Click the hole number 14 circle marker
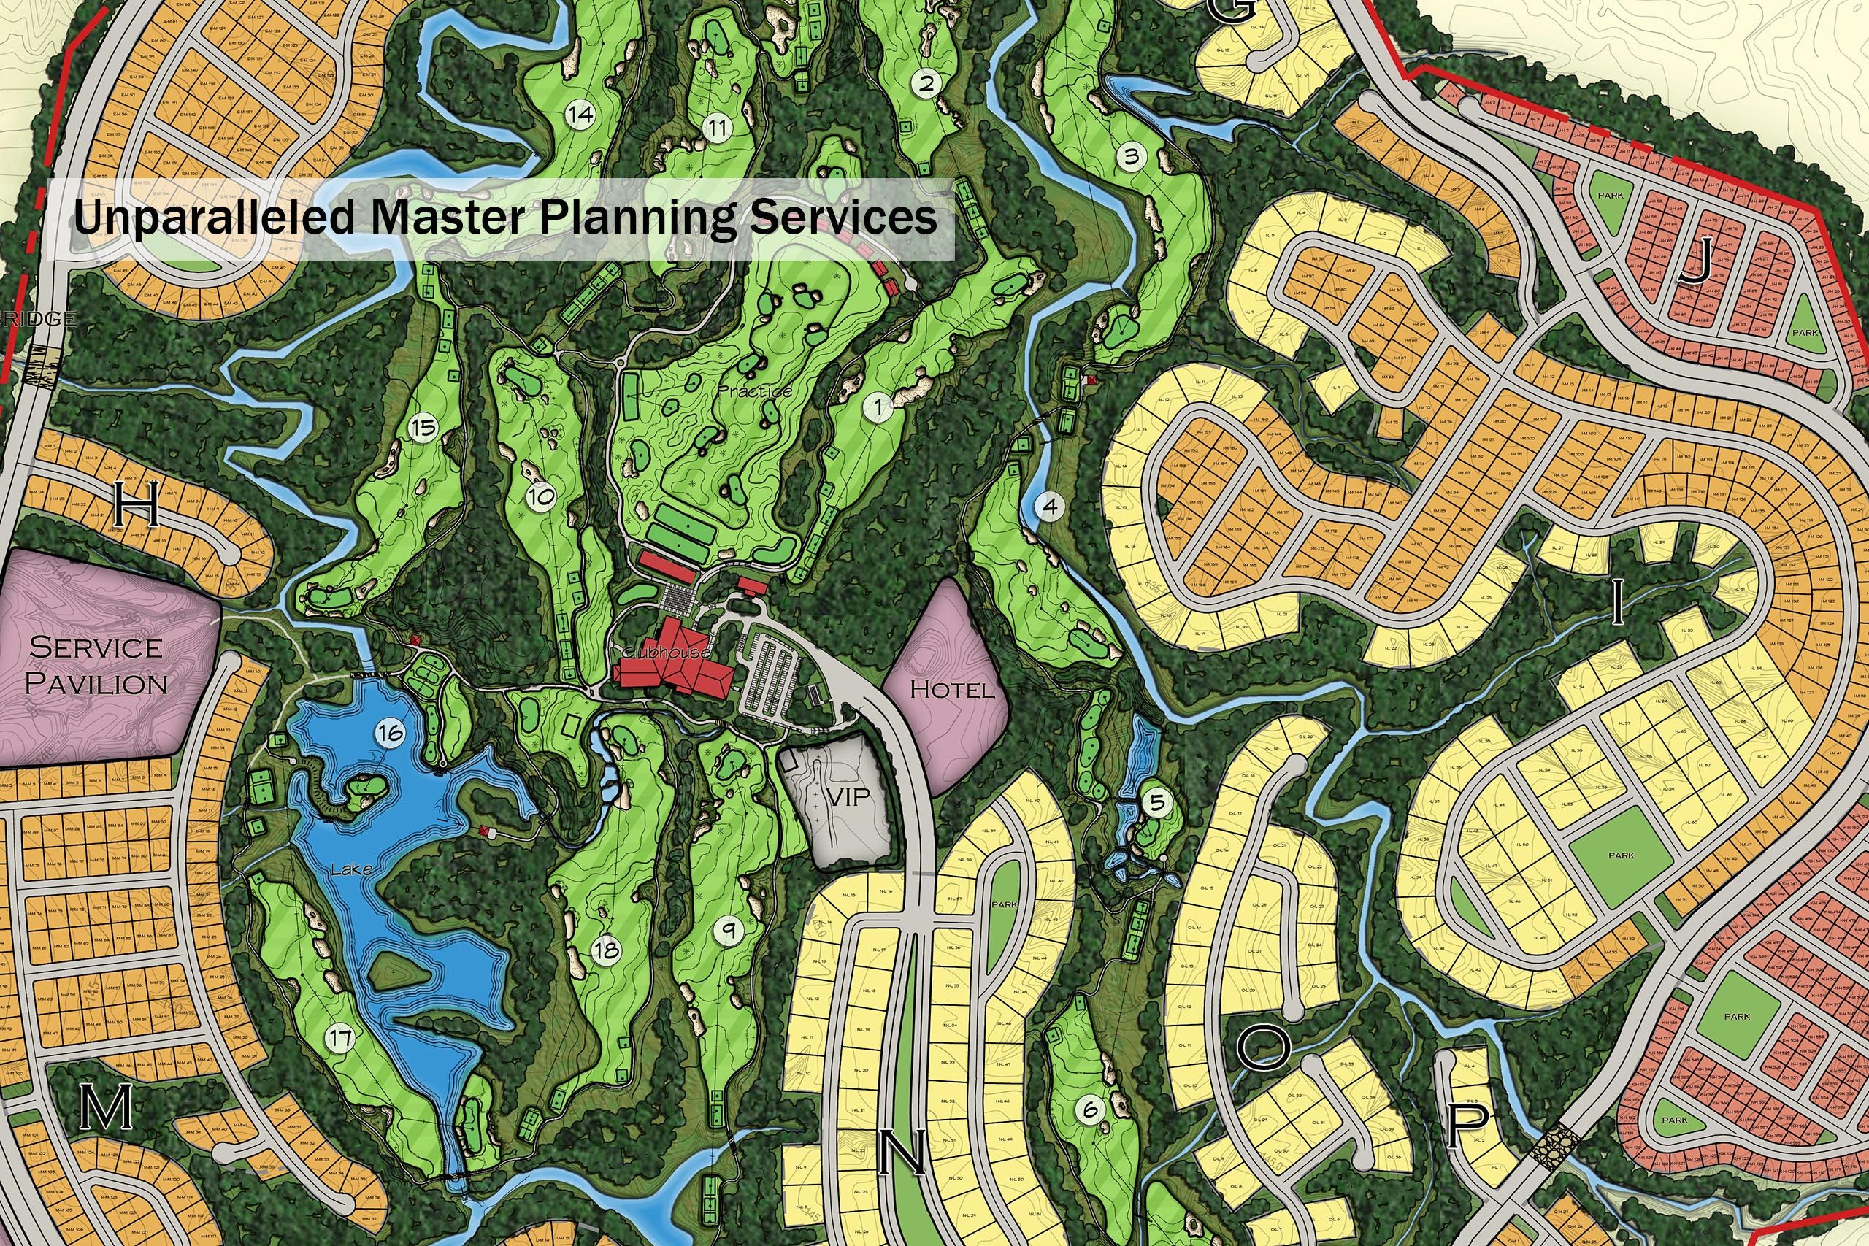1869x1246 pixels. pyautogui.click(x=581, y=115)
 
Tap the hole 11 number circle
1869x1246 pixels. pyautogui.click(x=718, y=127)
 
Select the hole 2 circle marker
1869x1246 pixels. pyautogui.click(x=926, y=82)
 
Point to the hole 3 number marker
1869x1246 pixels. pyautogui.click(x=1131, y=155)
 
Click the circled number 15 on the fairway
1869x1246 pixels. pyautogui.click(x=423, y=428)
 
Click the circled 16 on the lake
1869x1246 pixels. pyautogui.click(x=389, y=732)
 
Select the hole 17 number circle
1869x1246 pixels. pyautogui.click(x=340, y=1037)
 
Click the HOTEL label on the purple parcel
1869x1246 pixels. pyautogui.click(x=951, y=688)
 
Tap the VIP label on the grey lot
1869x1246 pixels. pyautogui.click(x=847, y=797)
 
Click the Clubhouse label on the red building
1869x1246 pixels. pyautogui.click(x=665, y=653)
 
